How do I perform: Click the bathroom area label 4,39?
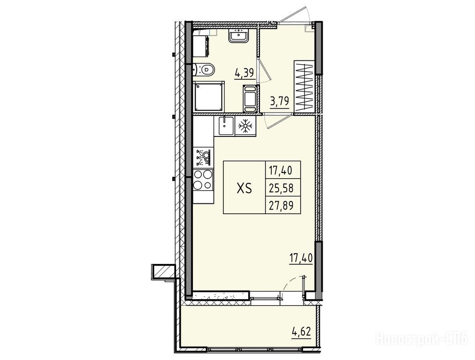[245, 73]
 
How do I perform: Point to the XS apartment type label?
[244, 188]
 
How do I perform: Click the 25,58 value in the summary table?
[281, 188]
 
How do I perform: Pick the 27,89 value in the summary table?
[281, 206]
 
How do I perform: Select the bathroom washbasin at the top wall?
[239, 36]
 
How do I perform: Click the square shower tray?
[209, 97]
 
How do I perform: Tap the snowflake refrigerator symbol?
[245, 127]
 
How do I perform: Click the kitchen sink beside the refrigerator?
[224, 126]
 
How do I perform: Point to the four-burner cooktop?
[203, 180]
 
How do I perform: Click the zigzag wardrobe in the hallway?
[304, 86]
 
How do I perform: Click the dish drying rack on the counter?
[203, 157]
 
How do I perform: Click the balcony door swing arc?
[291, 283]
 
